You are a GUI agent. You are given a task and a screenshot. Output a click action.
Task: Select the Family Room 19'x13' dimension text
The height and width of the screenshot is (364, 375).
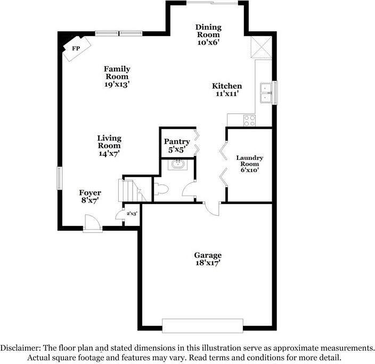tap(117, 84)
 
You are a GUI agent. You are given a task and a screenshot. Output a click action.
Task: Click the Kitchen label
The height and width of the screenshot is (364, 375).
tap(227, 86)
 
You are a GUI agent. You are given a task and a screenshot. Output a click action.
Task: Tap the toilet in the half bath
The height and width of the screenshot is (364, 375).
tap(161, 188)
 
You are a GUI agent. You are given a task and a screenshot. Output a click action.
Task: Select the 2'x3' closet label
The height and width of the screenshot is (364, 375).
tap(132, 214)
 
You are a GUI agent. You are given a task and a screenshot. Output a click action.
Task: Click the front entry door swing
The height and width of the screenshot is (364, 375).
tap(91, 223)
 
